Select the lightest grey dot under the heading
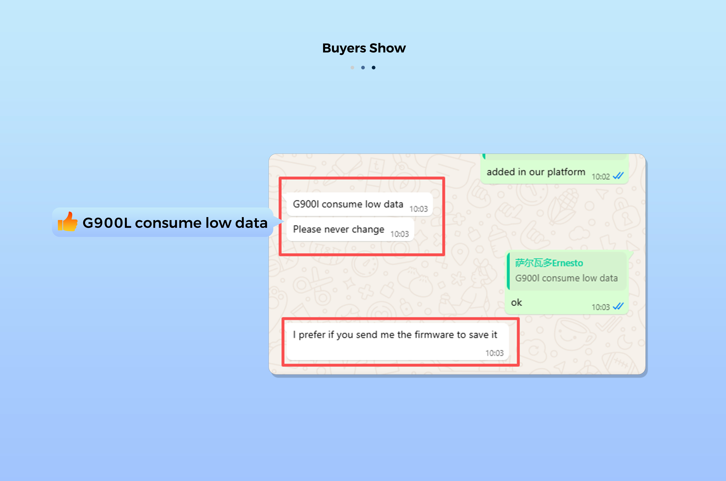tap(352, 67)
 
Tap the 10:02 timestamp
tap(601, 177)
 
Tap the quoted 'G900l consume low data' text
tap(566, 278)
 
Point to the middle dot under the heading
tap(363, 67)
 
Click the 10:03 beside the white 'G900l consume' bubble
tap(418, 209)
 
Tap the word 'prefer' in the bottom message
tap(312, 335)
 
